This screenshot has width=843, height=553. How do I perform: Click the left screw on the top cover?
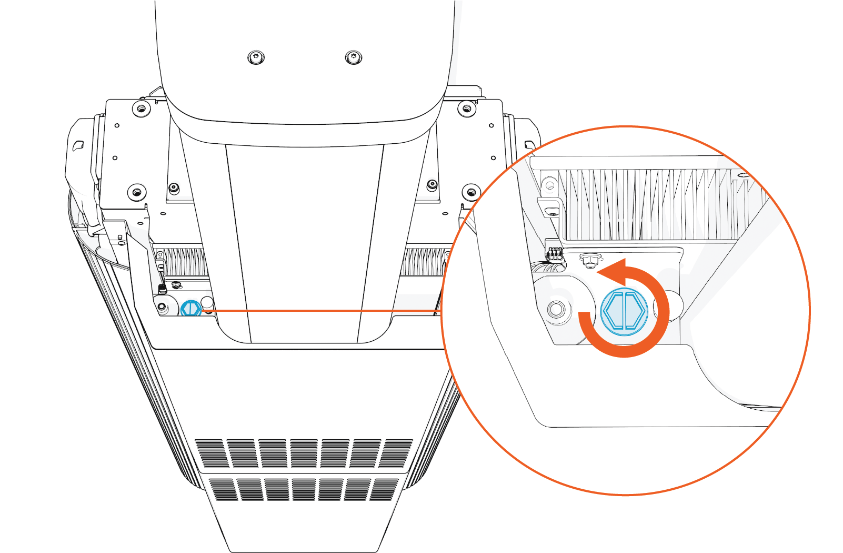256,57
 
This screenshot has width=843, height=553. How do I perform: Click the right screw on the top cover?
353,57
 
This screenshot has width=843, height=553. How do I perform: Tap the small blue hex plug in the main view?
190,309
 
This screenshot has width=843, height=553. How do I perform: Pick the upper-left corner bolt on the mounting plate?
140,109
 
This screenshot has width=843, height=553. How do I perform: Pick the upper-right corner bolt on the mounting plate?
467,109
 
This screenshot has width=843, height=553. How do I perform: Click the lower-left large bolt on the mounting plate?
137,192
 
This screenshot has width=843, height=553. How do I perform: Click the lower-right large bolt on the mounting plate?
470,192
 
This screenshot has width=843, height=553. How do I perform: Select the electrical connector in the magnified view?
554,255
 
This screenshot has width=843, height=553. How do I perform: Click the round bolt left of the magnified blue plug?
556,309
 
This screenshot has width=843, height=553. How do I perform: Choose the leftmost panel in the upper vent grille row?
212,453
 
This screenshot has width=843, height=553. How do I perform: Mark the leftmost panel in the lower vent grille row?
222,489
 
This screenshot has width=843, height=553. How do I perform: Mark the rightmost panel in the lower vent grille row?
384,489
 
